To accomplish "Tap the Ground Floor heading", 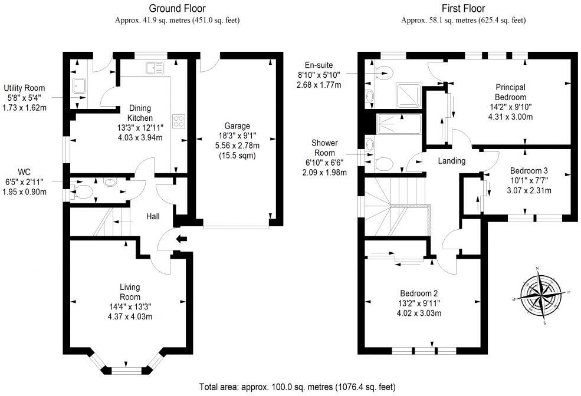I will [x=178, y=8].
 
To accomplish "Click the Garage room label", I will [x=236, y=126].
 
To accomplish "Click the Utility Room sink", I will [x=79, y=87].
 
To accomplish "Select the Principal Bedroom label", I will [x=510, y=92].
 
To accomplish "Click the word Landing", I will [x=452, y=161].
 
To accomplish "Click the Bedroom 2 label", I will [x=419, y=293].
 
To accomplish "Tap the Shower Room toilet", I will [x=383, y=163].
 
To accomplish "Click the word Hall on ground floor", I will [x=153, y=217].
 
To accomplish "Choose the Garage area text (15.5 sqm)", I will [x=236, y=156].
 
